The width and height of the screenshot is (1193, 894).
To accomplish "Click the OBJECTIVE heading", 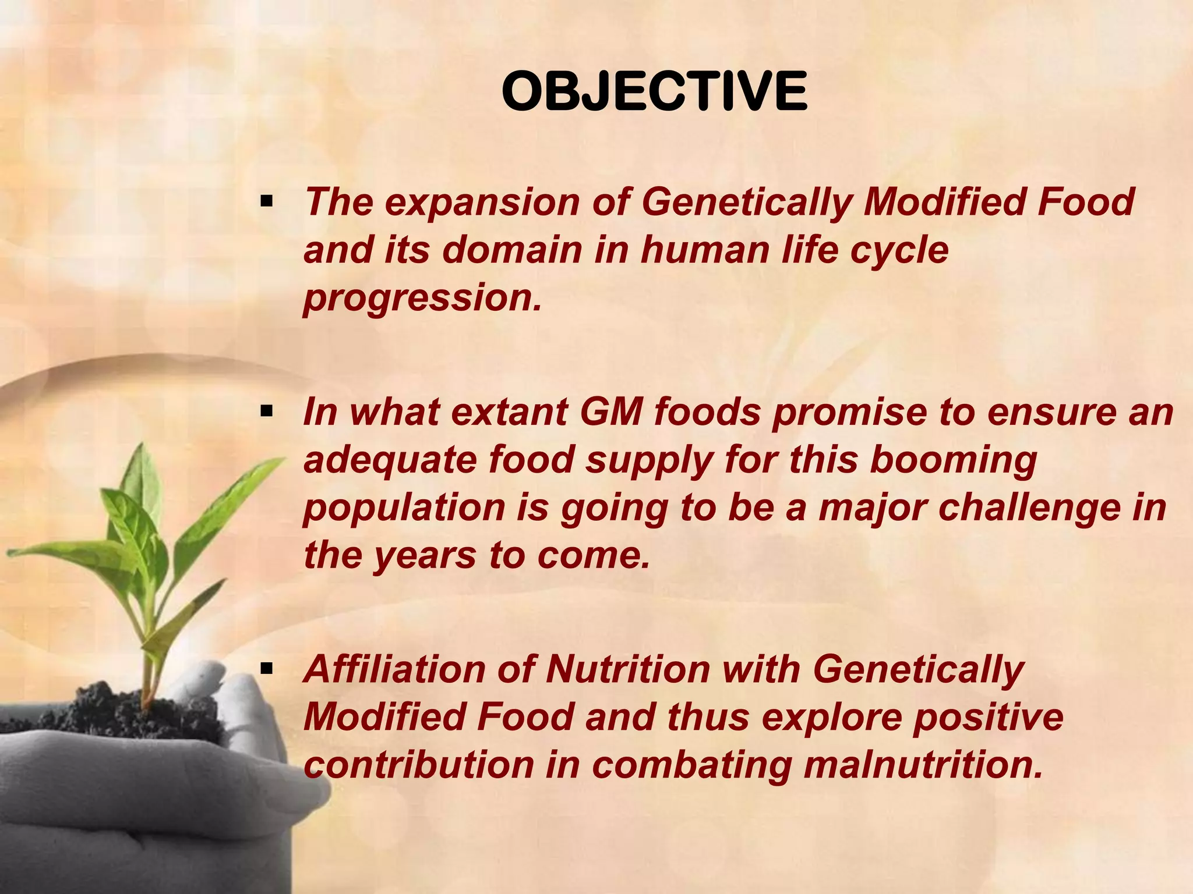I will point(654,93).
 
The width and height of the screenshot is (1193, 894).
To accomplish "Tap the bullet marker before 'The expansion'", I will point(267,203).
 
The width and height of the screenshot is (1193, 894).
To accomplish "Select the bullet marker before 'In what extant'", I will point(267,413).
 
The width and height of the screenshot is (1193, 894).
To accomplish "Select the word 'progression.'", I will point(422,298).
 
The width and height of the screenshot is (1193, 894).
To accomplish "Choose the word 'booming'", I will point(953,460).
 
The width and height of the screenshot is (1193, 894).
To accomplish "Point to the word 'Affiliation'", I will point(394,669).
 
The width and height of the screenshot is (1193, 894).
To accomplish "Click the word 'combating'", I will point(691,765).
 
